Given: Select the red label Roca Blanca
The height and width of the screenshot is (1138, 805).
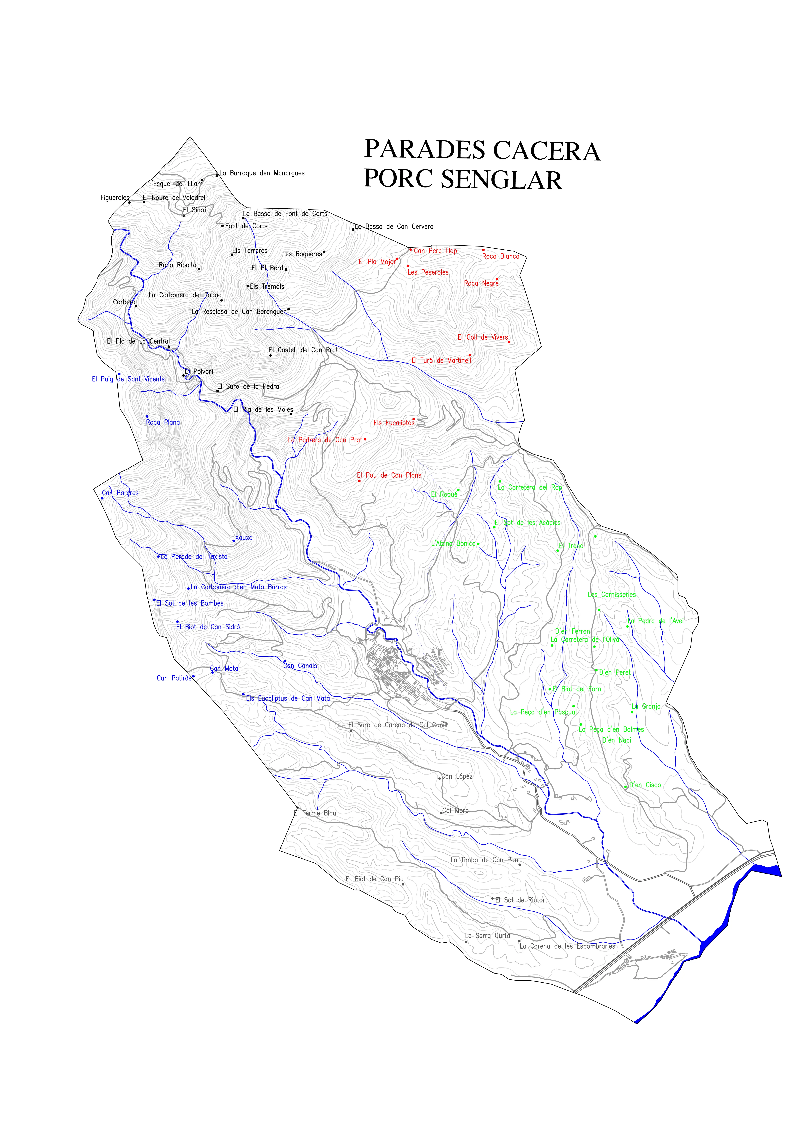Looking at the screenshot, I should (x=501, y=256).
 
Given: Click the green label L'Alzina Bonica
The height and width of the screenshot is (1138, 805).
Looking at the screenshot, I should (x=453, y=543).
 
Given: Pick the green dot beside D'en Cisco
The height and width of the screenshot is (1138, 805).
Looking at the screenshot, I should (x=626, y=787).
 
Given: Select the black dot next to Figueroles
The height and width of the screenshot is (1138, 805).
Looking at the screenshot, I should (x=129, y=202).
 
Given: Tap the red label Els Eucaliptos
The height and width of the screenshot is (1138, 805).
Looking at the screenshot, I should (x=393, y=423).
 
